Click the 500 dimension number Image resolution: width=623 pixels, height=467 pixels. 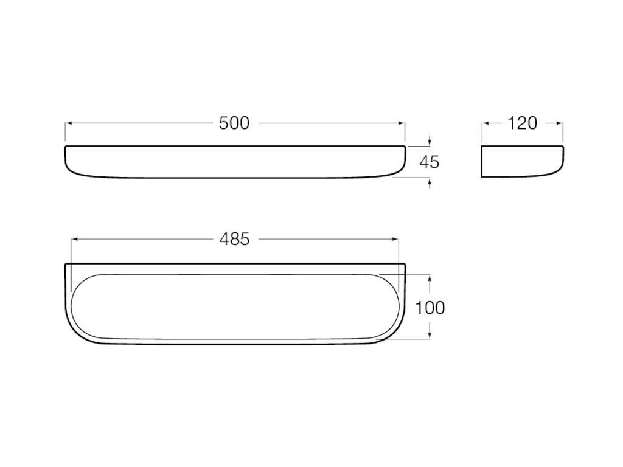[x=234, y=123]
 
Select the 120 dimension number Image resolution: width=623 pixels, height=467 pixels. [x=523, y=123]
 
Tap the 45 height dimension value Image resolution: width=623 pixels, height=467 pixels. [x=430, y=162]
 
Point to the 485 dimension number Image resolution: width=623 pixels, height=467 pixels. [x=234, y=239]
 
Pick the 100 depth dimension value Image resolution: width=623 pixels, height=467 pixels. [x=430, y=308]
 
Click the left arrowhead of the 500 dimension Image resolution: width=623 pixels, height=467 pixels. [x=68, y=123]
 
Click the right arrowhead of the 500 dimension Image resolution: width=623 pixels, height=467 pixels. [x=402, y=123]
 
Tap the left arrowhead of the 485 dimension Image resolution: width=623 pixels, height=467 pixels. [x=74, y=240]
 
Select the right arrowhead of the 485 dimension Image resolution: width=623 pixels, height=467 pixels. [x=395, y=240]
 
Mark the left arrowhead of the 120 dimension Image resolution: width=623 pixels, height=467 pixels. [x=486, y=123]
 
